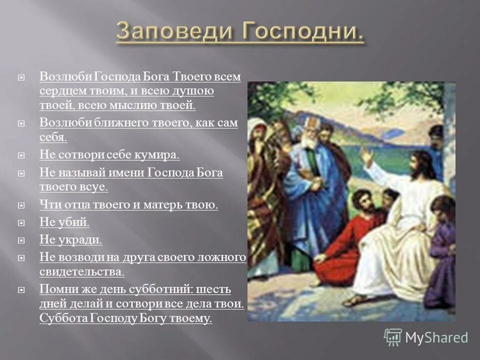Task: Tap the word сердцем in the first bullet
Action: pyautogui.click(x=60, y=91)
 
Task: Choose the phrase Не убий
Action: pyautogui.click(x=64, y=222)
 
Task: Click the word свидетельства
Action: pyautogui.click(x=81, y=271)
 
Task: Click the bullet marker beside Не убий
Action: pyautogui.click(x=21, y=223)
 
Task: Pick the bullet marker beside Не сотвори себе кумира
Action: pyautogui.click(x=21, y=155)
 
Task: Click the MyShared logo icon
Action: pyautogui.click(x=393, y=337)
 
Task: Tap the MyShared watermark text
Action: pyautogui.click(x=437, y=337)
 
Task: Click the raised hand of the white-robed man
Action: pyautogui.click(x=366, y=156)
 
